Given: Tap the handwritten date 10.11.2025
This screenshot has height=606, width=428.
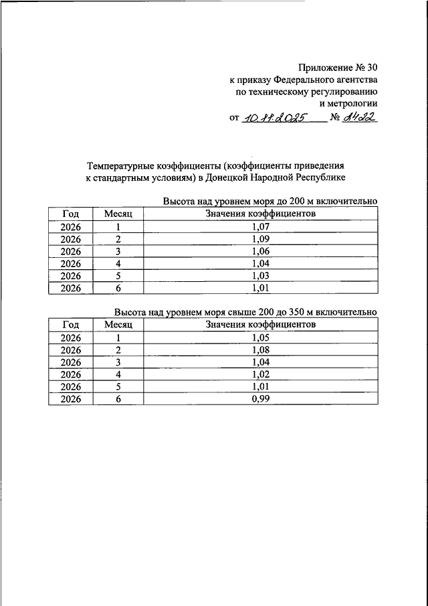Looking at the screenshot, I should tap(276, 119).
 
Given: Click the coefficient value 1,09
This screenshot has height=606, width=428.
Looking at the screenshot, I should tap(260, 239).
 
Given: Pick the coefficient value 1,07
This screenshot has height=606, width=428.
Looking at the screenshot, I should tap(260, 227).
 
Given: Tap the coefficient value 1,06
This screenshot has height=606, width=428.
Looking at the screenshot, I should tap(260, 251).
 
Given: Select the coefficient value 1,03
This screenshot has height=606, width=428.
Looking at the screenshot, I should tap(260, 276).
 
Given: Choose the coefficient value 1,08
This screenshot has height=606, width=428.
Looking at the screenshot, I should tap(260, 350).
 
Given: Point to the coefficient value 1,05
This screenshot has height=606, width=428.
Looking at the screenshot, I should tap(260, 337).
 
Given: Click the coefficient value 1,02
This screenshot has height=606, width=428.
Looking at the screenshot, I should tap(260, 374).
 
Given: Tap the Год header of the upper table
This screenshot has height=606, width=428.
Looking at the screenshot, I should tap(71, 214).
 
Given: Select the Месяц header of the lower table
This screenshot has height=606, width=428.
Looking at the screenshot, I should tap(118, 325).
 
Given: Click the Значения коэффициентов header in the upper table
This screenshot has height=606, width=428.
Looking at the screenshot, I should tap(260, 214).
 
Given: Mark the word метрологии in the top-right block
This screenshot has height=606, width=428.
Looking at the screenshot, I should tap(348, 104).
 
